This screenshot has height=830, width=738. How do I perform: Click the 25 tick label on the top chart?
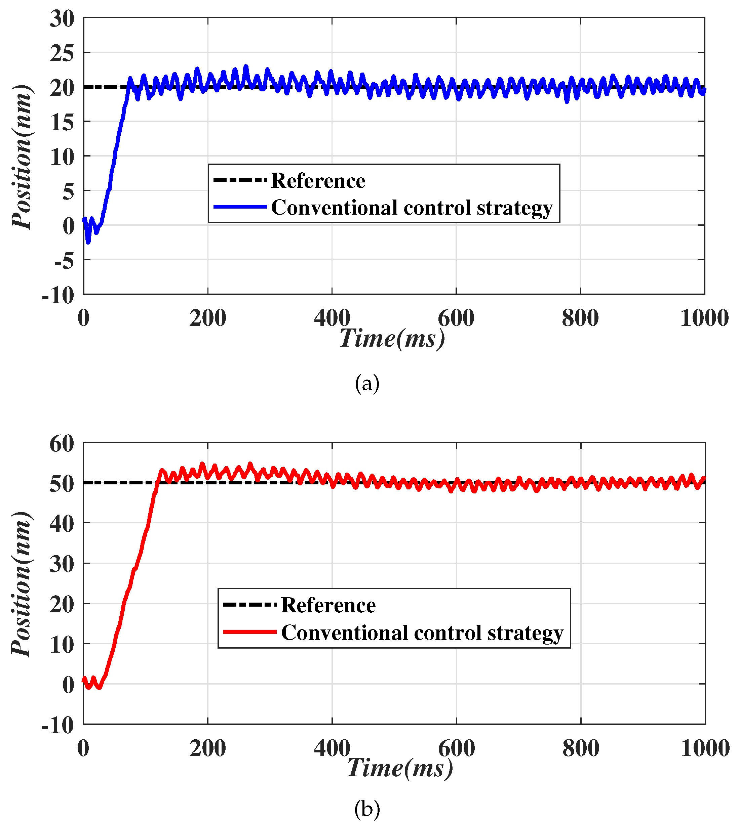(x=62, y=53)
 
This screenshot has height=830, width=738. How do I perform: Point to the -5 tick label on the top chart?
(x=64, y=261)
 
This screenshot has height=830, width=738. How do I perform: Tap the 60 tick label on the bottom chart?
(x=62, y=444)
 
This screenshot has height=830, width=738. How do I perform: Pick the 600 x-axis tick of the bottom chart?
(x=456, y=748)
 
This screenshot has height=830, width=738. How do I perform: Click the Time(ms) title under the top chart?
(x=392, y=338)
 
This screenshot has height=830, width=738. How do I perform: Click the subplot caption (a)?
(x=367, y=383)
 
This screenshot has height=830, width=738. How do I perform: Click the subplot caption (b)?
(x=367, y=809)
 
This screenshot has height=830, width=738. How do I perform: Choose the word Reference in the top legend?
(x=318, y=181)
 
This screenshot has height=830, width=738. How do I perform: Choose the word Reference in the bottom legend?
(x=328, y=605)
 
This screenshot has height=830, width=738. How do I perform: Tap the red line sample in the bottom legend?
(x=250, y=632)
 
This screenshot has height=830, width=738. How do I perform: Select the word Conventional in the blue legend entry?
(x=334, y=208)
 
